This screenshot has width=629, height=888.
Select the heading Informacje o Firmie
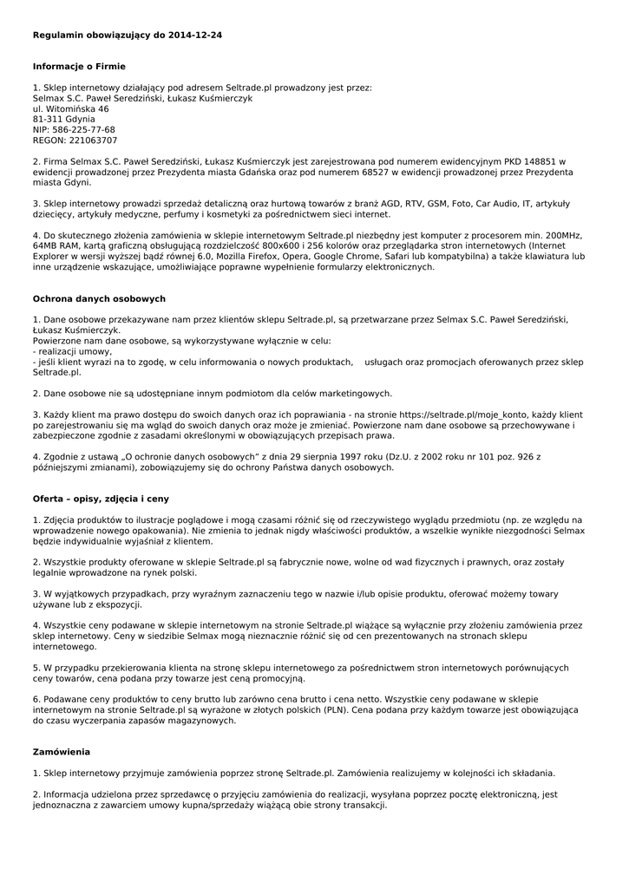click(79, 66)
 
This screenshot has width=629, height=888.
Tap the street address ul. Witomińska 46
click(71, 109)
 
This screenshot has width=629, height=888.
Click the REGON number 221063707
click(94, 140)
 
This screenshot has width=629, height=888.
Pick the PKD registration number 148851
click(547, 161)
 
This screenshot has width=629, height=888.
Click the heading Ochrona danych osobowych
click(99, 299)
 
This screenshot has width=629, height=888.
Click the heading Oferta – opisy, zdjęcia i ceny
click(101, 499)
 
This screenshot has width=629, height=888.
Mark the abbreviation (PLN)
click(333, 710)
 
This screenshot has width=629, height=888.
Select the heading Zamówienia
click(62, 752)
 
